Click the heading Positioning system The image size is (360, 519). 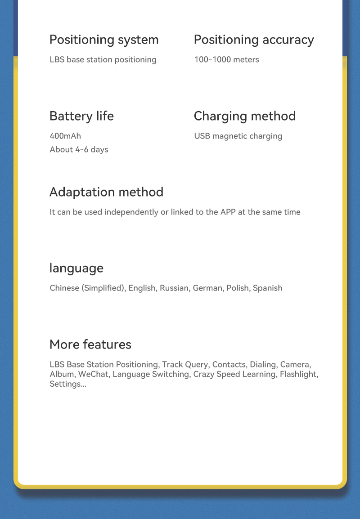click(x=104, y=40)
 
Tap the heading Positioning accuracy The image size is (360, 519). click(x=254, y=40)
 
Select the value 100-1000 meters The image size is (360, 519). click(x=226, y=60)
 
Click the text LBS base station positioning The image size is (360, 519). click(x=103, y=60)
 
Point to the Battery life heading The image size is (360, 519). click(x=81, y=116)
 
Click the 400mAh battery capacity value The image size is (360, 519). click(x=65, y=136)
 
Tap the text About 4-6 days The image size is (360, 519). click(x=79, y=149)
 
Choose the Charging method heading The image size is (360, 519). click(x=245, y=116)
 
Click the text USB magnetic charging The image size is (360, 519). click(x=238, y=136)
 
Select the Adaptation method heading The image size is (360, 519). click(x=106, y=192)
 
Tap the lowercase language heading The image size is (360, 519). click(x=76, y=268)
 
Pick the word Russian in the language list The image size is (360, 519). click(x=174, y=288)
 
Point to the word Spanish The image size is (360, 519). click(x=267, y=288)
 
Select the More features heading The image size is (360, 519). click(x=90, y=345)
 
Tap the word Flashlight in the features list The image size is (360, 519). click(x=299, y=374)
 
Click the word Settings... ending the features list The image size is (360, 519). click(x=67, y=384)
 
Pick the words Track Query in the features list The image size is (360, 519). click(x=185, y=364)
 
